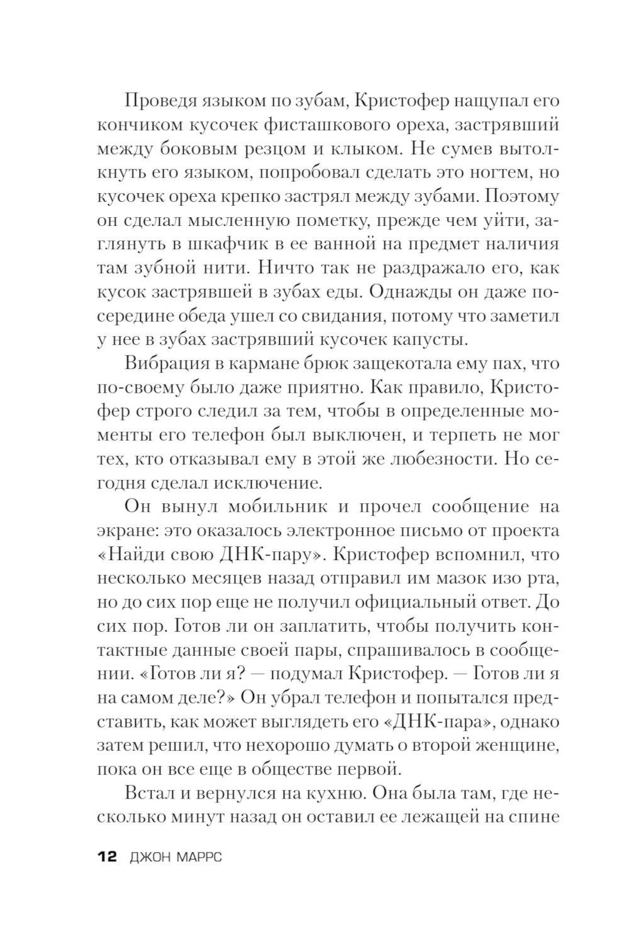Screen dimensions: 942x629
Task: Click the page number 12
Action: point(107,856)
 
